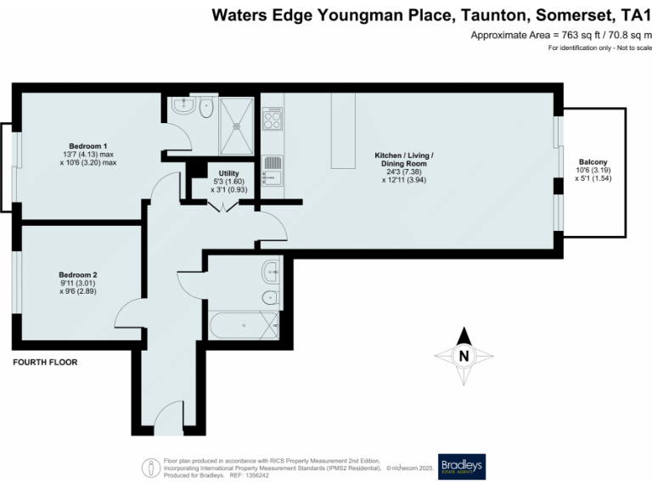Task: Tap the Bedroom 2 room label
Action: point(78,274)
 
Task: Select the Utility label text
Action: point(229,172)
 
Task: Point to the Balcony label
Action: point(593,161)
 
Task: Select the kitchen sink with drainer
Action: point(272,170)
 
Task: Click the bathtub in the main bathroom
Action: point(243,325)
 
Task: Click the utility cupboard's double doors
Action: point(223,207)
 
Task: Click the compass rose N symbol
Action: point(464,357)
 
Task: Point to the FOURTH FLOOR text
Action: point(45,363)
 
